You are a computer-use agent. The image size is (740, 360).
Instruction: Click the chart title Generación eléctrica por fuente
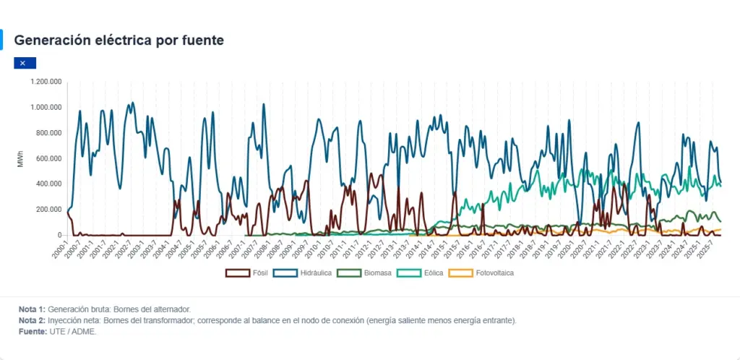pyautogui.click(x=119, y=40)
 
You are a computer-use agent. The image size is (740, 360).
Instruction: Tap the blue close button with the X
pyautogui.click(x=24, y=63)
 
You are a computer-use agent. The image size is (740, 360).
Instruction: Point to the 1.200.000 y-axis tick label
pyautogui.click(x=46, y=82)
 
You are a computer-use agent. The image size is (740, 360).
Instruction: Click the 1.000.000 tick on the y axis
pyautogui.click(x=46, y=108)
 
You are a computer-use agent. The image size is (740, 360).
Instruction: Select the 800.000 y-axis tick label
pyautogui.click(x=48, y=133)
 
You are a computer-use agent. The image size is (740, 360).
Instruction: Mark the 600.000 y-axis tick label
pyautogui.click(x=48, y=158)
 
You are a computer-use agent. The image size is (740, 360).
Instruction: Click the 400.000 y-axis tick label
pyautogui.click(x=48, y=184)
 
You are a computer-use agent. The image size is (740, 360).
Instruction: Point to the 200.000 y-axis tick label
pyautogui.click(x=48, y=210)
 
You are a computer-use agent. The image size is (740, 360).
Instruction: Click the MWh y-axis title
pyautogui.click(x=21, y=159)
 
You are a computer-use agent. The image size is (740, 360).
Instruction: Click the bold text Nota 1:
pyautogui.click(x=32, y=309)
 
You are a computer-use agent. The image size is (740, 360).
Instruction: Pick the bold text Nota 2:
pyautogui.click(x=32, y=320)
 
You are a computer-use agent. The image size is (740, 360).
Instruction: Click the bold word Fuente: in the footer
pyautogui.click(x=33, y=332)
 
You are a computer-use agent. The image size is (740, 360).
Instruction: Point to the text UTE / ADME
pyautogui.click(x=72, y=332)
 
